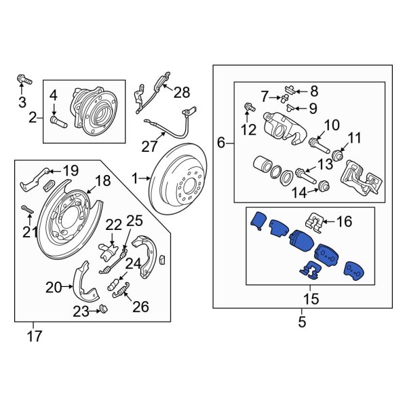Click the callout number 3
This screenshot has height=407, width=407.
pos(22,103)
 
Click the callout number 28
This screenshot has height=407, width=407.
pos(182,92)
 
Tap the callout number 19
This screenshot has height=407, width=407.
pos(71,170)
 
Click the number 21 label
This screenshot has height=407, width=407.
pos(27,233)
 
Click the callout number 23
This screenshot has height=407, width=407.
pos(81,311)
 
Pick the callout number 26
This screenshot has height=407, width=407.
pos(140,307)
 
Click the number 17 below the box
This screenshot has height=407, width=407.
pos(34,334)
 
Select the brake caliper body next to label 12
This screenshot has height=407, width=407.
pos(286,125)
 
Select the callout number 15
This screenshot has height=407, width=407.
pos(310,298)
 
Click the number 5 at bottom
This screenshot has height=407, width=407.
pos(302,323)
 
